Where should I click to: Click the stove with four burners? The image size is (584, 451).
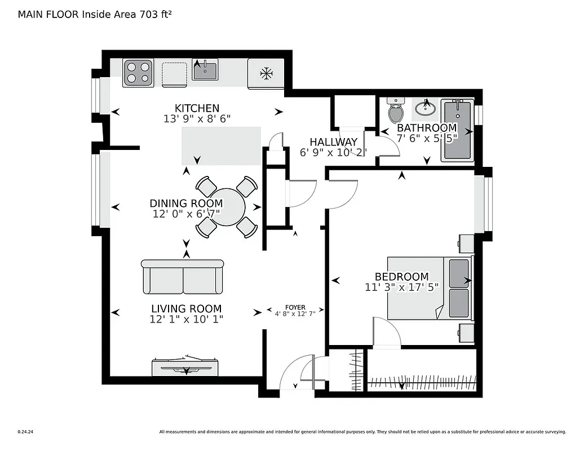pyautogui.click(x=139, y=73)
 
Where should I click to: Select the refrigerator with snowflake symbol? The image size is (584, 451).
pyautogui.click(x=266, y=73)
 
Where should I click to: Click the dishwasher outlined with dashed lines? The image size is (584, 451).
pyautogui.click(x=174, y=73)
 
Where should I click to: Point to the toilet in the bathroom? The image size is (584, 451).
pyautogui.click(x=396, y=111)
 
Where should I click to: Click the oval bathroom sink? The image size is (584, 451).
pyautogui.click(x=427, y=107)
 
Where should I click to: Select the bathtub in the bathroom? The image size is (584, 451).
pyautogui.click(x=457, y=130)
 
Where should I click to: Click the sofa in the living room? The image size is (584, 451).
pyautogui.click(x=183, y=277)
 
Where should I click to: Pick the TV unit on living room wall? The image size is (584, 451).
pyautogui.click(x=185, y=367)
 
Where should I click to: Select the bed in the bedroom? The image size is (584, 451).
pyautogui.click(x=428, y=288)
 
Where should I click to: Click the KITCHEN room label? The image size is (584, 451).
pyautogui.click(x=197, y=108)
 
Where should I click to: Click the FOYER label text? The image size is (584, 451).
pyautogui.click(x=295, y=307)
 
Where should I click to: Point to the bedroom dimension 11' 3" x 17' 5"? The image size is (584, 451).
pyautogui.click(x=401, y=287)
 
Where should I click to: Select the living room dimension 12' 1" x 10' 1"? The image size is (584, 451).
pyautogui.click(x=186, y=320)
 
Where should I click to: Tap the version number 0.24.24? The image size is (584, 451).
pyautogui.click(x=25, y=432)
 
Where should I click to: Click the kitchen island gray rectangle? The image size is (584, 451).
pyautogui.click(x=221, y=146)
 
